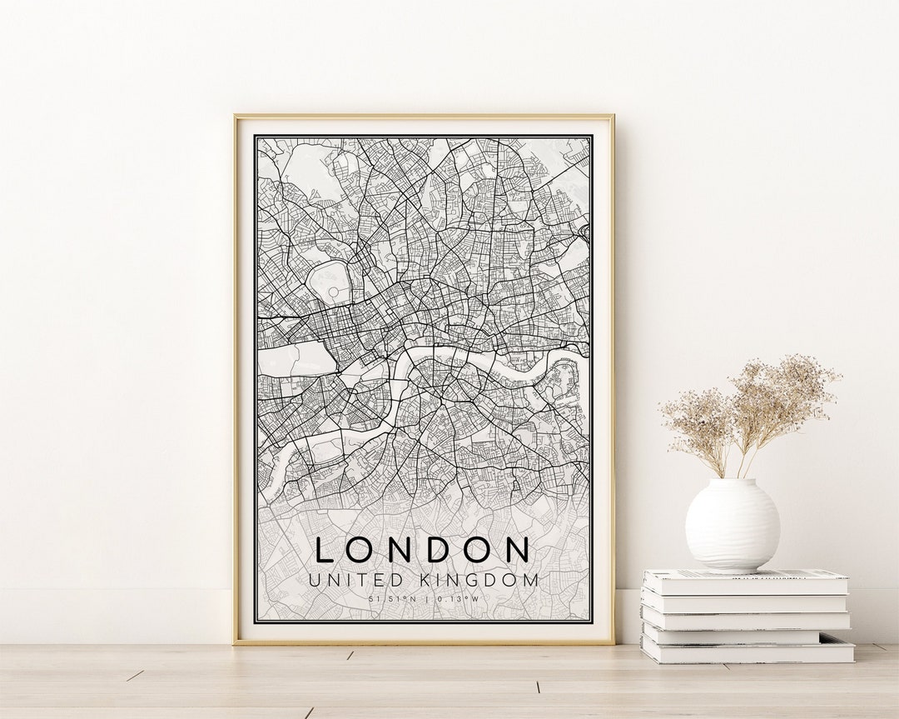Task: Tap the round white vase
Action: [732, 525]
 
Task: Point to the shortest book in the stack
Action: [731, 636]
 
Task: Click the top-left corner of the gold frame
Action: [236, 117]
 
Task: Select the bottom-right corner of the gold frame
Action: [613, 642]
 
